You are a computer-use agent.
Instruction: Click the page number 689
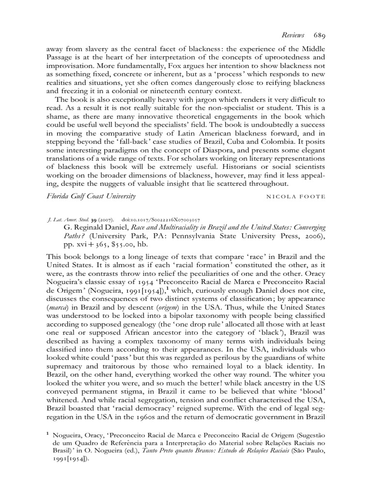[319, 35]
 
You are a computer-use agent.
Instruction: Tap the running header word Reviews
[293, 35]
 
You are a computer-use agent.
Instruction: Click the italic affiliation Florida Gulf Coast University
[91, 196]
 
